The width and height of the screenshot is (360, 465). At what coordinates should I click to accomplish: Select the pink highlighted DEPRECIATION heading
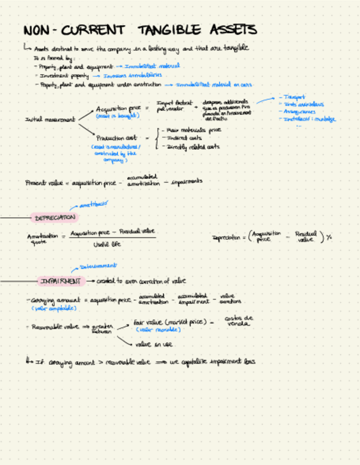54,218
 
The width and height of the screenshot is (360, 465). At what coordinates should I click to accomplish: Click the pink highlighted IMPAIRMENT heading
60,281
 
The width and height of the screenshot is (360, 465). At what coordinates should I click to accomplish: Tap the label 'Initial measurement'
49,119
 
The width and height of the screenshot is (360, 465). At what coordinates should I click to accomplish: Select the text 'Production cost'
117,138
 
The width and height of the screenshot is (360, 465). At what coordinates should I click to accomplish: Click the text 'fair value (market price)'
170,323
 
